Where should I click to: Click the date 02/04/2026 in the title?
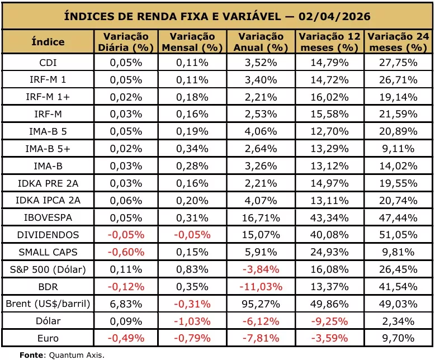pyautogui.click(x=334, y=16)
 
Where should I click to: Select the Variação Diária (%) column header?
pyautogui.click(x=126, y=42)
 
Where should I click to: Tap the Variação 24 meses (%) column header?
pyautogui.click(x=398, y=42)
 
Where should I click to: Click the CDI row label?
pyautogui.click(x=48, y=63)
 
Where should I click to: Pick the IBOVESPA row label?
pyautogui.click(x=48, y=217)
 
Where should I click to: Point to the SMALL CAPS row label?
pyautogui.click(x=48, y=252)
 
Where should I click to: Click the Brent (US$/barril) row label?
pyautogui.click(x=48, y=304)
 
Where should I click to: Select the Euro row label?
pyautogui.click(x=48, y=338)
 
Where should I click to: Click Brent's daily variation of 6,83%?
pyautogui.click(x=126, y=304)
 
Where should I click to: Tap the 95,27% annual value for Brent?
pyautogui.click(x=261, y=304)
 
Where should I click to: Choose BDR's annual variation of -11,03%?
pyautogui.click(x=261, y=287)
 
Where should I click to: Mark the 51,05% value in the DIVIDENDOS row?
pyautogui.click(x=398, y=235)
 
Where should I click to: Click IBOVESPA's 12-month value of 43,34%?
pyautogui.click(x=329, y=217)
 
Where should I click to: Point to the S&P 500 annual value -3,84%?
pyautogui.click(x=261, y=269)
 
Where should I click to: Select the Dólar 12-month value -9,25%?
pyautogui.click(x=329, y=321)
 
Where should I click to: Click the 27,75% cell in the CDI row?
pyautogui.click(x=398, y=63)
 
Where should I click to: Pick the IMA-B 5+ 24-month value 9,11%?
pyautogui.click(x=398, y=149)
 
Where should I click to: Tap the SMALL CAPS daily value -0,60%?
pyautogui.click(x=126, y=252)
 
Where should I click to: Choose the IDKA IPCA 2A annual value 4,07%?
pyautogui.click(x=261, y=201)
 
